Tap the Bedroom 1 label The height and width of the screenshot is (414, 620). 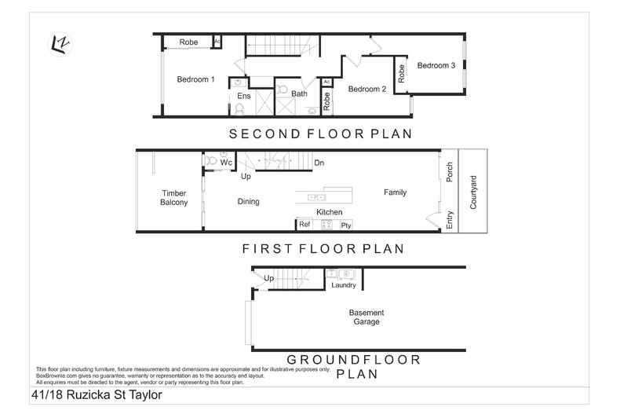click(x=195, y=79)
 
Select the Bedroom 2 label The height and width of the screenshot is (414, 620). click(x=367, y=90)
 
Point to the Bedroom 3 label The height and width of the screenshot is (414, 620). click(x=436, y=66)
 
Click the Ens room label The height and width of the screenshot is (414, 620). click(x=244, y=96)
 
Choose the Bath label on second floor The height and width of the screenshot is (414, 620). click(x=299, y=94)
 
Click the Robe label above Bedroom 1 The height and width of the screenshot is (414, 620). click(x=188, y=42)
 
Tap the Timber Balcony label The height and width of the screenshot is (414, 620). click(x=174, y=198)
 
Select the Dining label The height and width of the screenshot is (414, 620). click(x=248, y=202)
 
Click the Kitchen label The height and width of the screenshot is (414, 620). click(x=329, y=212)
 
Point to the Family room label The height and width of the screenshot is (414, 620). click(x=395, y=192)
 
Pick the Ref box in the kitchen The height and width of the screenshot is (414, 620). click(x=305, y=225)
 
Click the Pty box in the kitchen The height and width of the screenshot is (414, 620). click(x=345, y=225)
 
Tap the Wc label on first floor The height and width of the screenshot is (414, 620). click(x=225, y=163)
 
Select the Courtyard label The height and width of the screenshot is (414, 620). click(x=473, y=192)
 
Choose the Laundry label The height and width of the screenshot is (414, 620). click(x=344, y=285)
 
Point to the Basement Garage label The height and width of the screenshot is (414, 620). click(x=367, y=317)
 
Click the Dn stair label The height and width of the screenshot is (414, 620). click(x=319, y=163)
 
